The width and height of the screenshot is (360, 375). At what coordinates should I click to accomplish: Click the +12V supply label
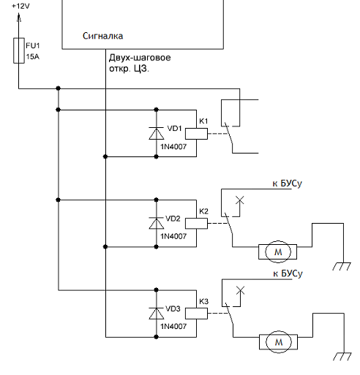click(20, 6)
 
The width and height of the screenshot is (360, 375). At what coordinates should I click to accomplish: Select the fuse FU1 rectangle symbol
click(19, 50)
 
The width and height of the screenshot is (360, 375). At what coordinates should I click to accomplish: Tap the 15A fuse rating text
click(33, 57)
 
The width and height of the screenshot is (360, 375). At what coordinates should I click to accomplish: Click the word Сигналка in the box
click(102, 36)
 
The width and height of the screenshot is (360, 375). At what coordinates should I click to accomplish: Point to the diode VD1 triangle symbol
click(157, 133)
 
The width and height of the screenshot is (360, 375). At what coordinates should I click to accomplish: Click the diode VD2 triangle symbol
click(157, 223)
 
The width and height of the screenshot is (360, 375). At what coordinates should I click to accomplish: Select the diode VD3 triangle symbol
click(157, 314)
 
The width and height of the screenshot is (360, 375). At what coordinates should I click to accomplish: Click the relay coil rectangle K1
click(196, 134)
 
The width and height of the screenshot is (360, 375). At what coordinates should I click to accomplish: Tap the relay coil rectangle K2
click(196, 224)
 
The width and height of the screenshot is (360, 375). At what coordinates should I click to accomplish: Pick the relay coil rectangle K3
click(196, 314)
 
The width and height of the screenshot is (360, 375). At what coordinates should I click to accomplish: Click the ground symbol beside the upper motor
click(342, 266)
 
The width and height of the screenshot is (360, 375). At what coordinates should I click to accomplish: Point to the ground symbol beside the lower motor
click(342, 356)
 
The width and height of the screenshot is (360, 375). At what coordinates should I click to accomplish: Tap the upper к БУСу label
click(288, 183)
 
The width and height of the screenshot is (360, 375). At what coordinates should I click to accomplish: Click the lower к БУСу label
click(288, 273)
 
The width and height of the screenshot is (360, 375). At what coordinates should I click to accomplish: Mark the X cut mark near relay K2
click(240, 200)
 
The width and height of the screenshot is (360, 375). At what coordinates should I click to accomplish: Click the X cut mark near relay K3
click(241, 290)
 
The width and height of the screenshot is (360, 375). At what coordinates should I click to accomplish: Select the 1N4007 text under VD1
click(173, 147)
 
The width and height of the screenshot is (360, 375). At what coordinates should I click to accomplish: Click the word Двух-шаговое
click(140, 58)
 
